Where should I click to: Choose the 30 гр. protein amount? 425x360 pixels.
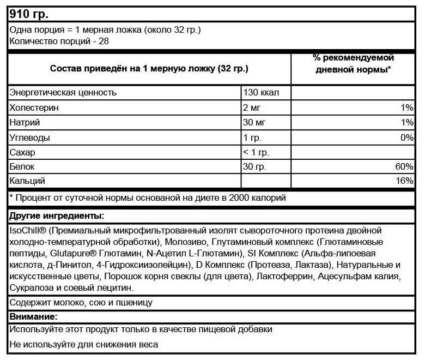click(x=255, y=166)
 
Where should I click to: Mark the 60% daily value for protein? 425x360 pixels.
click(x=404, y=166)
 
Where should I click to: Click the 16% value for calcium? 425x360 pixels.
click(x=404, y=181)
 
